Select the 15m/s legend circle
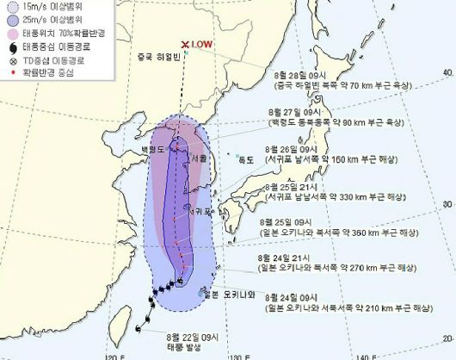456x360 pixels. (8, 7)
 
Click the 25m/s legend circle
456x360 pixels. (8, 20)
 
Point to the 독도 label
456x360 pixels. (247, 158)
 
